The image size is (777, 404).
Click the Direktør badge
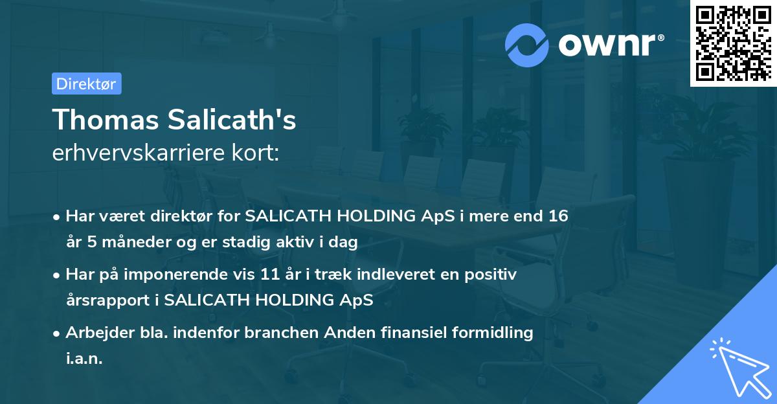tap(86, 84)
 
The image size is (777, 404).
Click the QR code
tap(733, 43)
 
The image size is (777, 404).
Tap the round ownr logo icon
tap(527, 45)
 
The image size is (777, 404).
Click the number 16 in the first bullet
tap(557, 216)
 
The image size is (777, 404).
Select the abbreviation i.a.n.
tap(84, 359)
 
